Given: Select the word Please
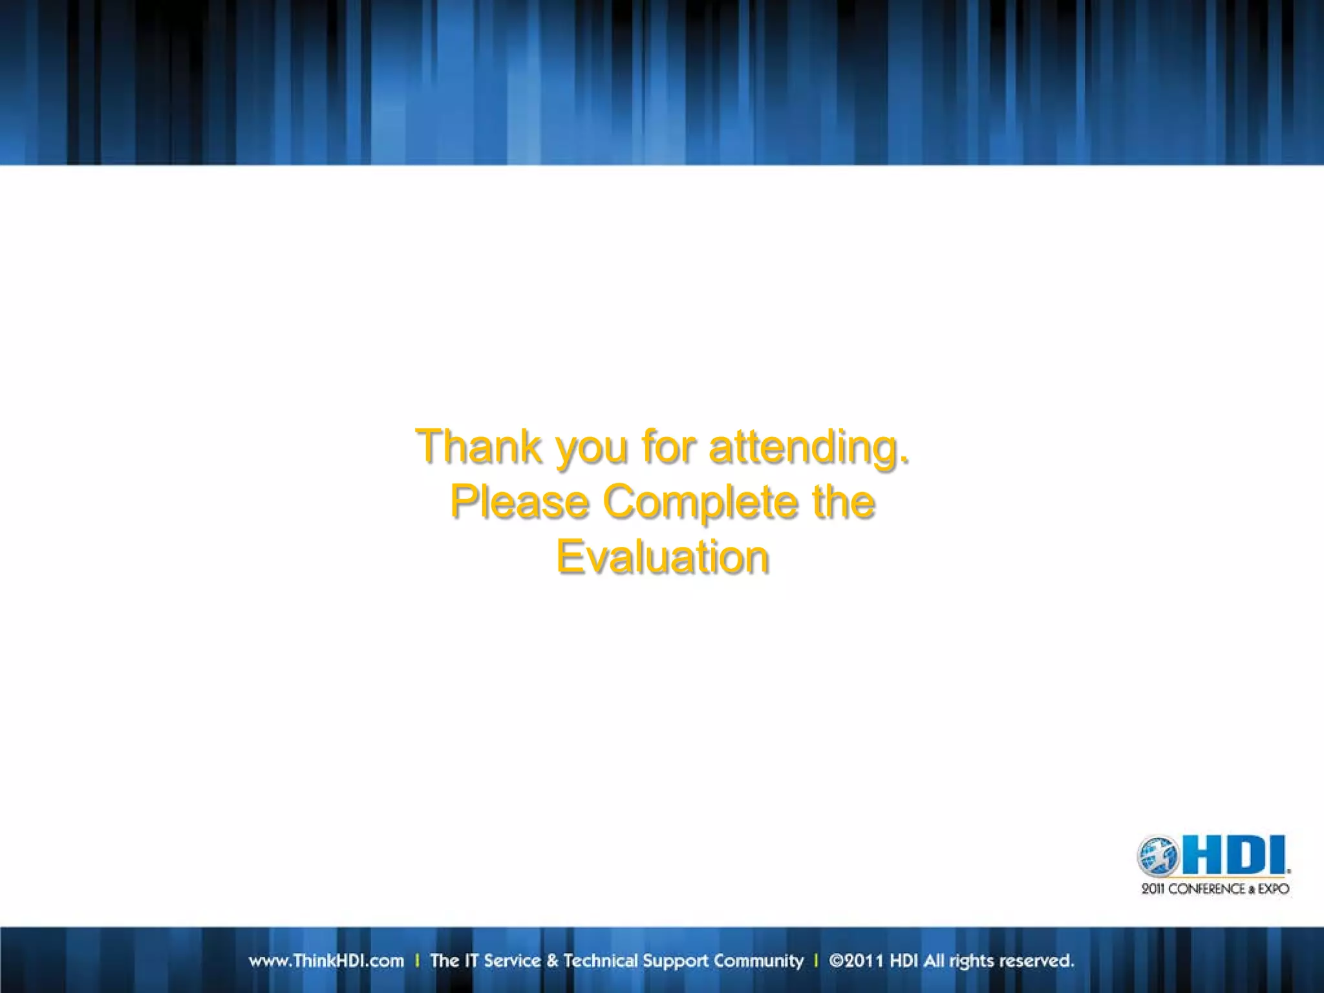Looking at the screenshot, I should click(x=519, y=502).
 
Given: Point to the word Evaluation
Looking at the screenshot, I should click(x=663, y=557).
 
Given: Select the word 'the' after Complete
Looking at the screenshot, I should click(x=844, y=502).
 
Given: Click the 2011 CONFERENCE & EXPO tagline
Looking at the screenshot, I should click(x=1215, y=889).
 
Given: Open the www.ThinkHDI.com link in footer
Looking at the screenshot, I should click(x=326, y=961).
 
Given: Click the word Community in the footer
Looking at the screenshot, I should click(x=758, y=961).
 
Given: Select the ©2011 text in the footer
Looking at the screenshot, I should click(x=856, y=961).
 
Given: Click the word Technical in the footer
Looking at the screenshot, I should click(x=601, y=961).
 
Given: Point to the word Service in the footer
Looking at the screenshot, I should click(x=512, y=961).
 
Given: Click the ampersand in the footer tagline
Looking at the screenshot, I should click(x=552, y=961).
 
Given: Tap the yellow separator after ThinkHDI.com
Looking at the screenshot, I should click(x=417, y=961).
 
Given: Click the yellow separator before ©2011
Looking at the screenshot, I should click(x=816, y=961).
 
